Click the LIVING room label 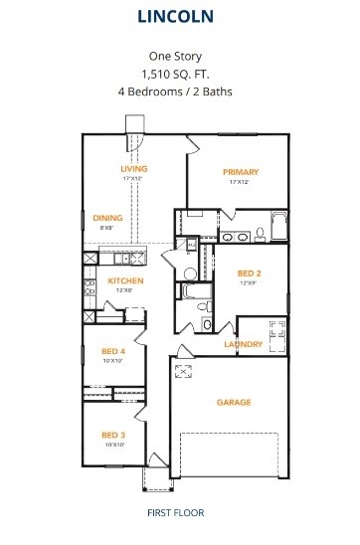coord(133,169)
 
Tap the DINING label coord(107,218)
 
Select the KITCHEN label coord(126,281)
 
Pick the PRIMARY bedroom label coord(240,172)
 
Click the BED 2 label coord(250,273)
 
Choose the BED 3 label coord(113,435)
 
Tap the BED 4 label coord(113,351)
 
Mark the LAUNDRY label coord(243,345)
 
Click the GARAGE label coord(234,403)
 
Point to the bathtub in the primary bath coord(277,228)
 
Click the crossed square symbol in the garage coord(183,373)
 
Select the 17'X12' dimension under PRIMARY coord(240,182)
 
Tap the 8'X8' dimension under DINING coord(107,228)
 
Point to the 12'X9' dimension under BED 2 coord(250,283)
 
